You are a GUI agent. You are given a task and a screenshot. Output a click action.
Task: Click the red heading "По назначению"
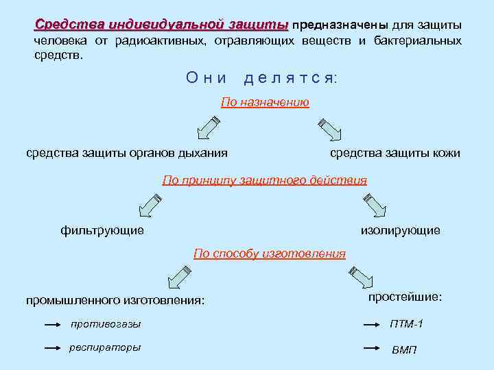(x=265, y=103)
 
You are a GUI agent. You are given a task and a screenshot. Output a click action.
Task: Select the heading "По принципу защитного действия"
(x=264, y=180)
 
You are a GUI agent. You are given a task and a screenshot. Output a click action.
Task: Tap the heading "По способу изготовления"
(x=270, y=254)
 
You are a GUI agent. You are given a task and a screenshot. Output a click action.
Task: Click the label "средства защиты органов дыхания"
(x=127, y=153)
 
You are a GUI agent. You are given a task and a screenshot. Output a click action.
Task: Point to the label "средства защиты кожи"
(x=395, y=153)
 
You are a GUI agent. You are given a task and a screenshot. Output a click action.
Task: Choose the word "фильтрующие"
(x=102, y=230)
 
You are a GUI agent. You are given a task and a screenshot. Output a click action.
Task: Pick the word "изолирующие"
(x=401, y=230)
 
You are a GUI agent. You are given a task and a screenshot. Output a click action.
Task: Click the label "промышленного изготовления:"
(x=115, y=299)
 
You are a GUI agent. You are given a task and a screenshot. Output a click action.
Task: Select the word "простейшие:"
(x=405, y=297)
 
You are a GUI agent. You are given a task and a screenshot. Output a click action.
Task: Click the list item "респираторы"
(x=105, y=347)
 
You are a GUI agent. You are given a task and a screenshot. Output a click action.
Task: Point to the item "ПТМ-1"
(x=407, y=323)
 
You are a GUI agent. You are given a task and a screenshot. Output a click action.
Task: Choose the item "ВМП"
(x=404, y=349)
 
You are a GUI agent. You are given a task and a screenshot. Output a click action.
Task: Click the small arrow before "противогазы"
(x=54, y=324)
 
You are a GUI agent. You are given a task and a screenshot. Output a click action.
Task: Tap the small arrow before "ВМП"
(x=370, y=348)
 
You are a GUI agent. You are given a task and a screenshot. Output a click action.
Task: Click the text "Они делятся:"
(x=261, y=78)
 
